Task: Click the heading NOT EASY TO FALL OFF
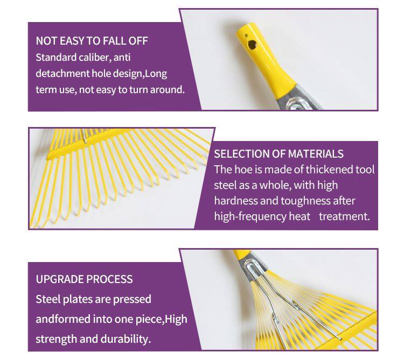(92, 41)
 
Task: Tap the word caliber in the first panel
(95, 57)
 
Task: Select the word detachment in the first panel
(62, 73)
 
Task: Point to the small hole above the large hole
(246, 36)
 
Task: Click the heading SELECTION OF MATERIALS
(278, 153)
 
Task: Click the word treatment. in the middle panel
(345, 216)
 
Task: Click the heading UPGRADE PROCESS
(84, 279)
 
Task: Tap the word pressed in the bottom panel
(132, 300)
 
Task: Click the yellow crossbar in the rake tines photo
(90, 144)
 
